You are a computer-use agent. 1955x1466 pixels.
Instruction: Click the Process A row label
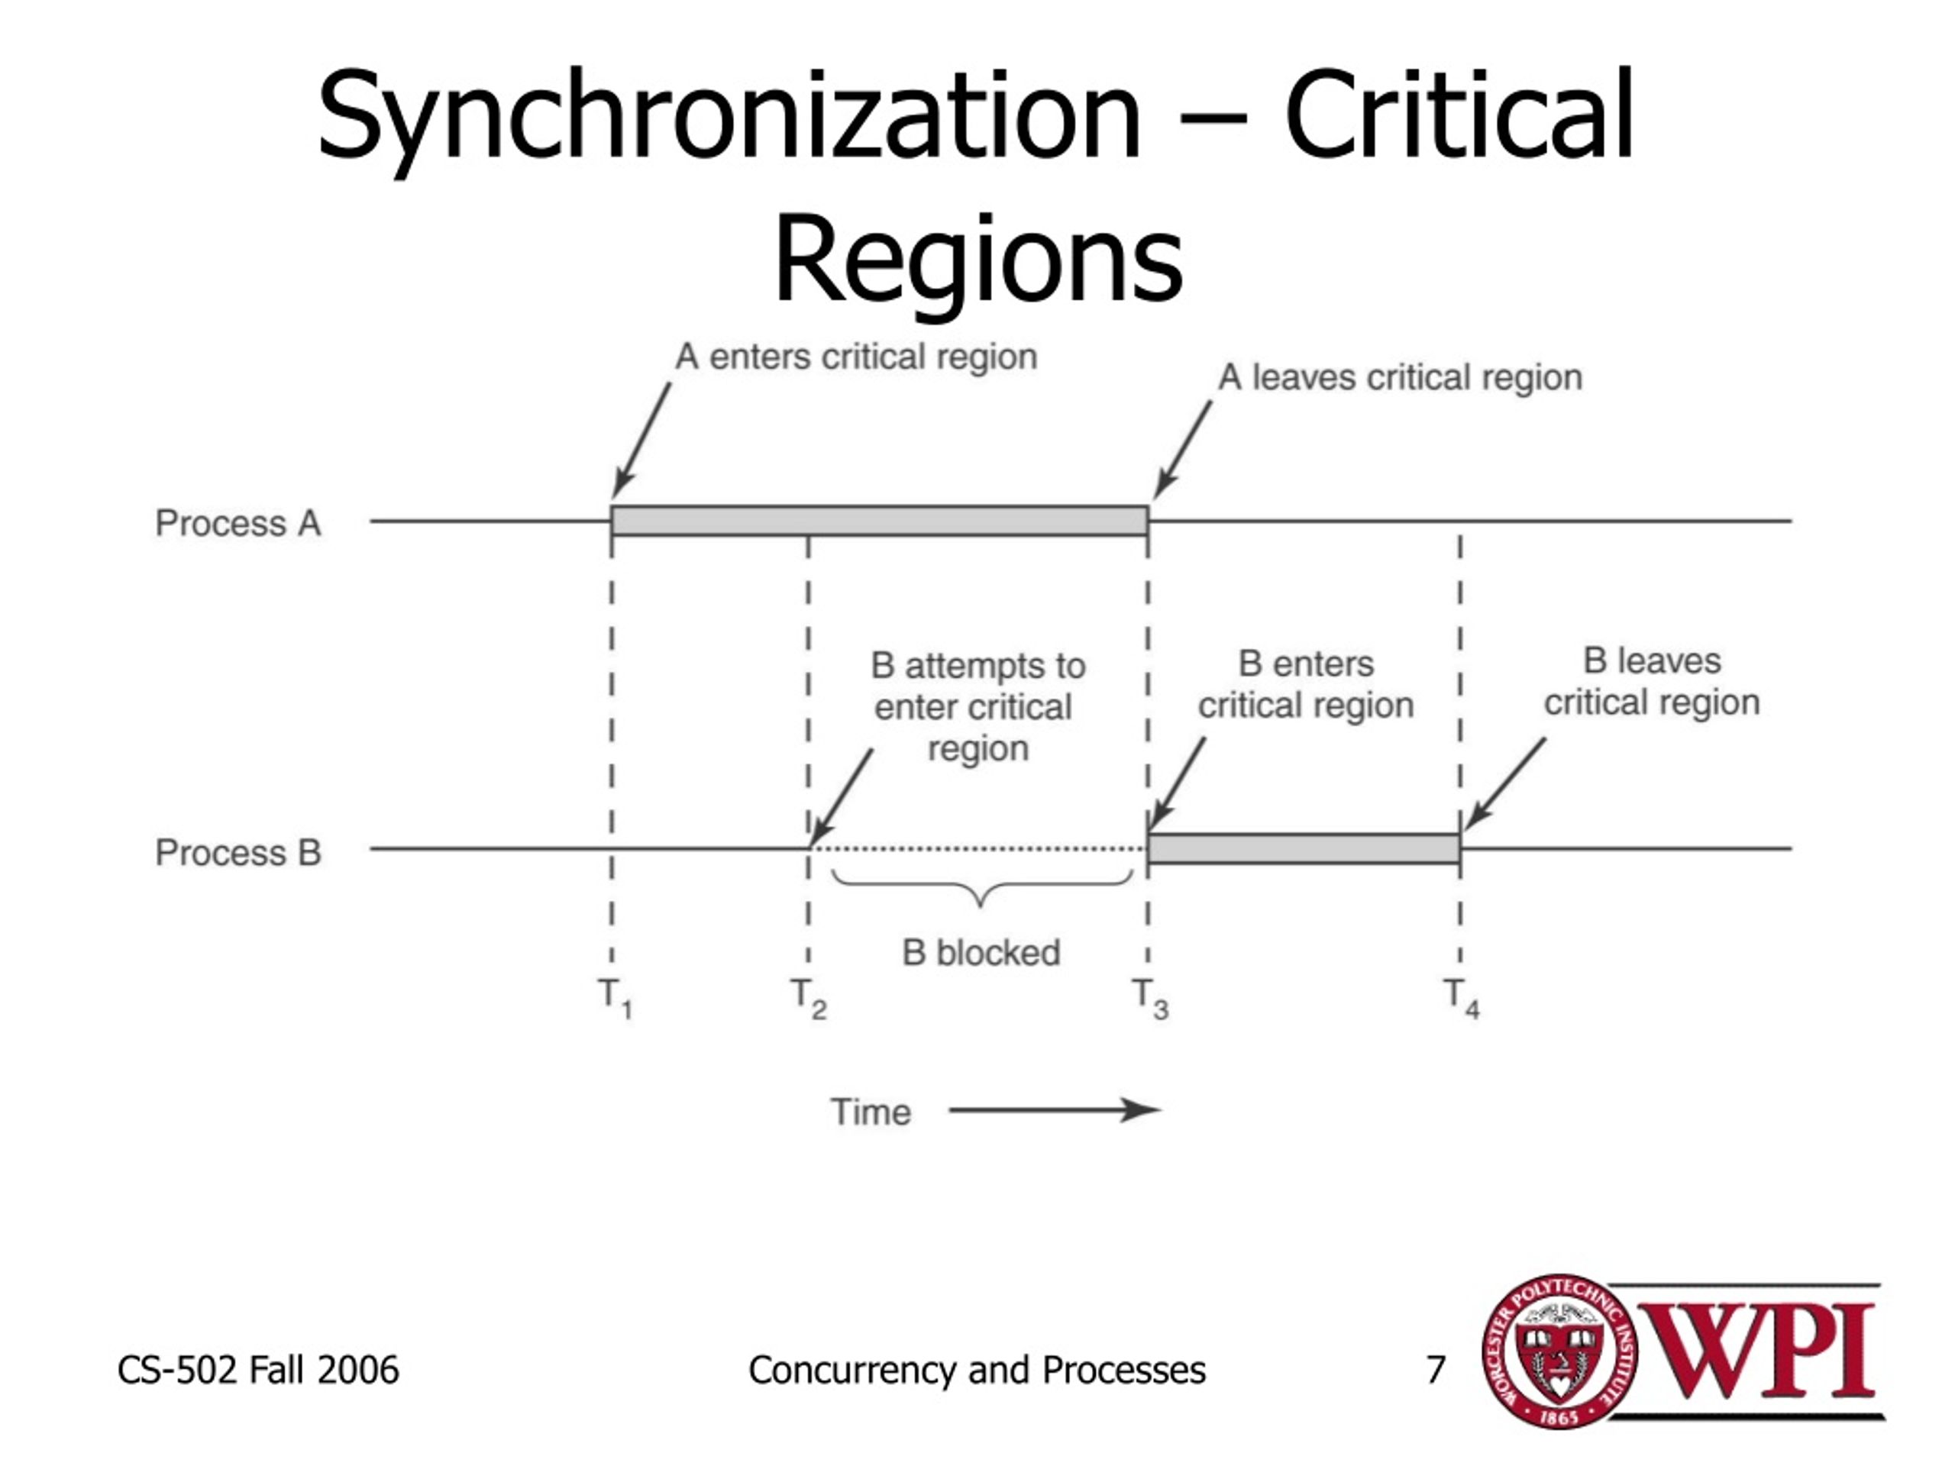pyautogui.click(x=238, y=523)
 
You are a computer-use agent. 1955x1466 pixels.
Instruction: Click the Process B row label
pyautogui.click(x=238, y=853)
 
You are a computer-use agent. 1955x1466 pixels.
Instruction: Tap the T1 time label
pyautogui.click(x=615, y=999)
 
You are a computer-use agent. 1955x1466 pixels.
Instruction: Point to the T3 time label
pyautogui.click(x=1151, y=999)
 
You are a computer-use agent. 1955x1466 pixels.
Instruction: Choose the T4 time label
pyautogui.click(x=1462, y=999)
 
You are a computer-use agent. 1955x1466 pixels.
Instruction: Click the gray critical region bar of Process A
pyautogui.click(x=880, y=521)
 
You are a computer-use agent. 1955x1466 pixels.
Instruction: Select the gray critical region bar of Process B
pyautogui.click(x=1304, y=848)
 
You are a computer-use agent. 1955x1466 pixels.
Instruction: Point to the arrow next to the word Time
pyautogui.click(x=1055, y=1110)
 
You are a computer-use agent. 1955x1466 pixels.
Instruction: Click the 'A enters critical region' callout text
pyautogui.click(x=855, y=358)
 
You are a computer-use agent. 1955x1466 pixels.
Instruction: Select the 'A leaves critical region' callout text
pyautogui.click(x=1400, y=378)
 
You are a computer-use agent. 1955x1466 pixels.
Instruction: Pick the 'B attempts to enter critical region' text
pyautogui.click(x=977, y=707)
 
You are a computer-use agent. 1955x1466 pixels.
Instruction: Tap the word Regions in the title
pyautogui.click(x=978, y=260)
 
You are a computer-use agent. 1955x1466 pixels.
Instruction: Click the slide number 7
pyautogui.click(x=1435, y=1370)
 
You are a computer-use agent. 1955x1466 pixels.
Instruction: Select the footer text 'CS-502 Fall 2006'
pyautogui.click(x=258, y=1370)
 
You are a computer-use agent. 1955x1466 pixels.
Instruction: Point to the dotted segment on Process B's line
pyautogui.click(x=978, y=849)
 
